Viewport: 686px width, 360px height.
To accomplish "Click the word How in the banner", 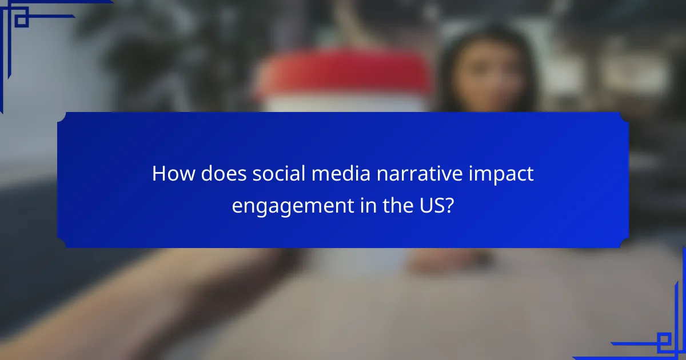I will tap(170, 174).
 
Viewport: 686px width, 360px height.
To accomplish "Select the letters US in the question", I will tap(430, 205).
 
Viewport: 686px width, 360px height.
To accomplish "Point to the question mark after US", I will tap(450, 205).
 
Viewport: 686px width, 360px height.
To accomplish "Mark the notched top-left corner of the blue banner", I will tap(62, 116).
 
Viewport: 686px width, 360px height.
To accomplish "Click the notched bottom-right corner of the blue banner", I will tap(624, 243).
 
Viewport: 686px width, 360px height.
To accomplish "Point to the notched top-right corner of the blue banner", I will tap(624, 116).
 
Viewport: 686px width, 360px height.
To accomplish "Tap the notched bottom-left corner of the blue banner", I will tap(62, 243).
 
